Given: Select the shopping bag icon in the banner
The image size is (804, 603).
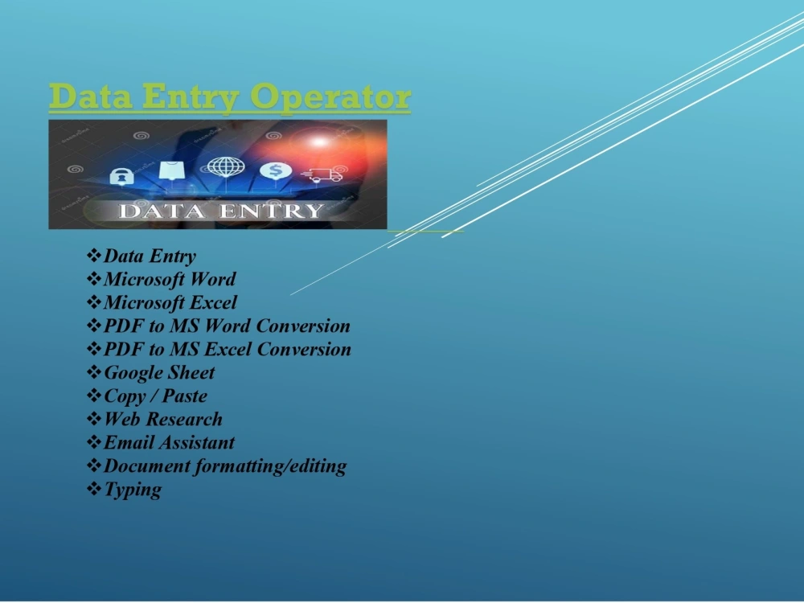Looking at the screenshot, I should click(x=168, y=170).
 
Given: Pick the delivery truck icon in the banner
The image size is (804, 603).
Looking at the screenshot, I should click(x=323, y=174).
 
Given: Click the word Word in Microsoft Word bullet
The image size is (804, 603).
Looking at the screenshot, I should click(x=213, y=280).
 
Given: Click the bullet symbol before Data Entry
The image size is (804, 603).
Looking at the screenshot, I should click(x=93, y=256).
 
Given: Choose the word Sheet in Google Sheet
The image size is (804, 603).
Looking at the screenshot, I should click(x=191, y=373).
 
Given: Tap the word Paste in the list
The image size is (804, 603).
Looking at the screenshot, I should click(x=185, y=396).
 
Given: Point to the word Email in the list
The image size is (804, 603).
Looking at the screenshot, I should click(x=129, y=443).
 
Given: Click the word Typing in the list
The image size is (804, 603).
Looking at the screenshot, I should click(x=133, y=490).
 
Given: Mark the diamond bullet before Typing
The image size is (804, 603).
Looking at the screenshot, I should click(x=93, y=489).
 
